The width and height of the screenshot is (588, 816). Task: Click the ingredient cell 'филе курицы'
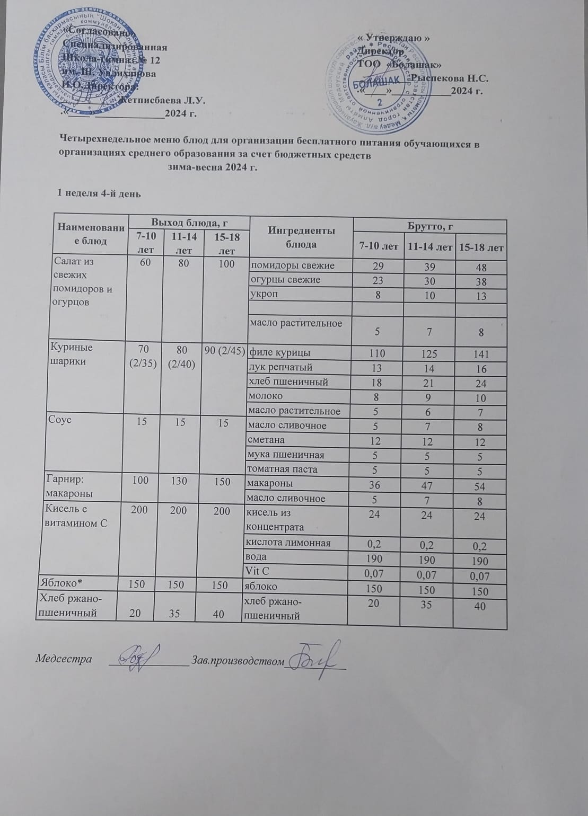point(280,353)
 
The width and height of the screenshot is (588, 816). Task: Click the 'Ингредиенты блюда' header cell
point(301,237)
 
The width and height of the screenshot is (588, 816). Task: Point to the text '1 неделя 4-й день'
point(99,193)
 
